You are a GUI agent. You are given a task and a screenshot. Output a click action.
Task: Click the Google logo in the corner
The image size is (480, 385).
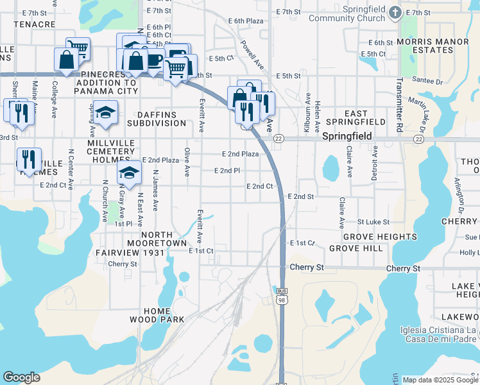pyautogui.click(x=21, y=377)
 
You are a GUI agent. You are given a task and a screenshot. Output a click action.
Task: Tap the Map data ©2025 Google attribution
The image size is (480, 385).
pyautogui.click(x=440, y=380)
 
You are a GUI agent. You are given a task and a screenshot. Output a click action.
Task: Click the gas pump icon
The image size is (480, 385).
pyautogui.click(x=178, y=53)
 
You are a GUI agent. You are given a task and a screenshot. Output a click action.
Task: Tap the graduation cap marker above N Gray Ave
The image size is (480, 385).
pyautogui.click(x=130, y=173)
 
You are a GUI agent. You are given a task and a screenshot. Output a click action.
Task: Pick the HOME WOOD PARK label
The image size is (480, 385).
pyautogui.click(x=157, y=314)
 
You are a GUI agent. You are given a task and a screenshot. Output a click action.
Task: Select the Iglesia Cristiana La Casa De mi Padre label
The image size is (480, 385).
pyautogui.click(x=445, y=335)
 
